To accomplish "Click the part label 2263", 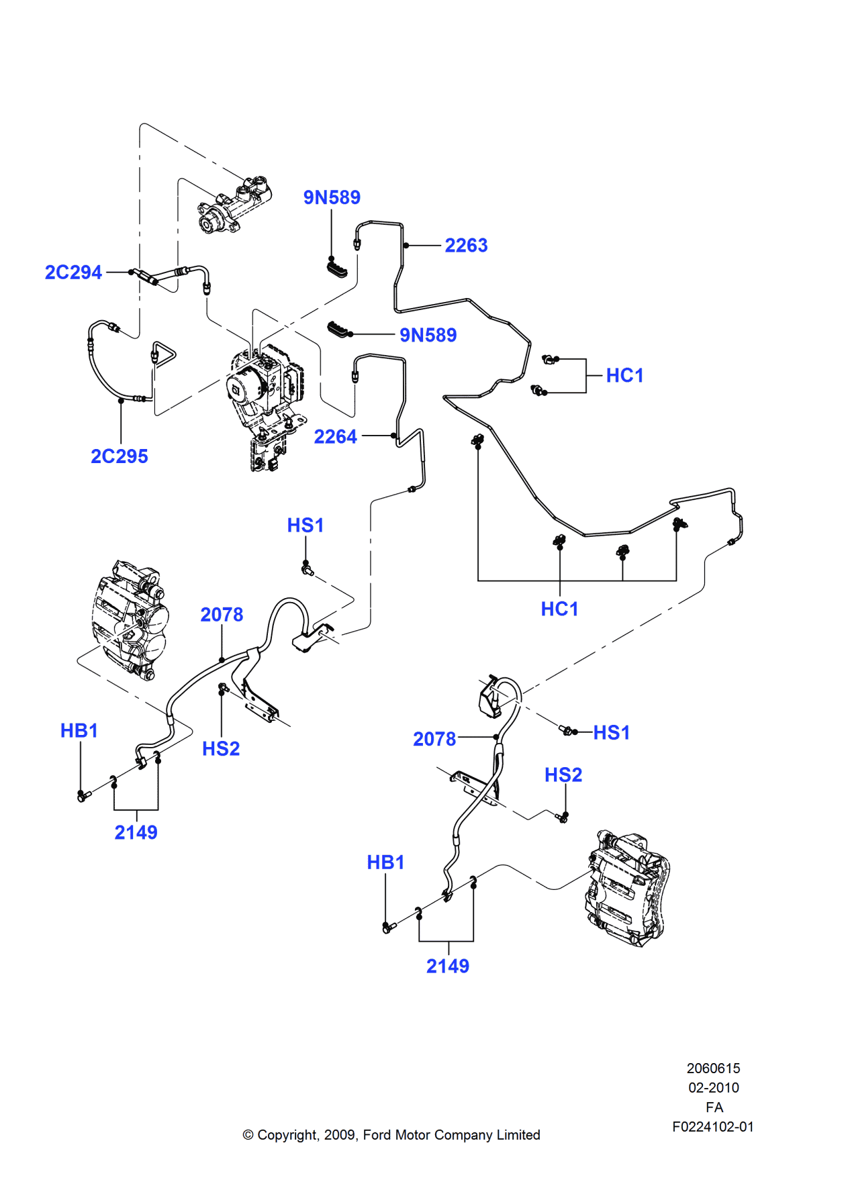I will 466,246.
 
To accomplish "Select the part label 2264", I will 335,437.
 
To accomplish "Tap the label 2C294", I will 73,272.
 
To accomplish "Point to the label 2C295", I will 120,456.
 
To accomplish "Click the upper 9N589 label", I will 332,197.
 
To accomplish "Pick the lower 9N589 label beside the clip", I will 428,335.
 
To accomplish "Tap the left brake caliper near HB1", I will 129,620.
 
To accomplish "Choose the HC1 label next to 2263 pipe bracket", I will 624,376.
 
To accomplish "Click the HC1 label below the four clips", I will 559,609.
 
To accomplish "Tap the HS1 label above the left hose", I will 305,526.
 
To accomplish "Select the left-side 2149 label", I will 136,833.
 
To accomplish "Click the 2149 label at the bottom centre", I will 448,966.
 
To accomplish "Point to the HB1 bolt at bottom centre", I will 387,928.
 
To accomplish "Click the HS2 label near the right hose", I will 563,775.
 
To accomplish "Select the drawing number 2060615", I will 713,1068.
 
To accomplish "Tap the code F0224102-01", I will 713,1127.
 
